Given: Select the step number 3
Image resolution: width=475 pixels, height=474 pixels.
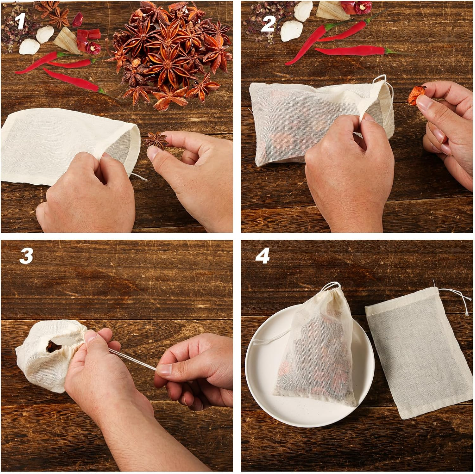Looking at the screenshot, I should (26, 255).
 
